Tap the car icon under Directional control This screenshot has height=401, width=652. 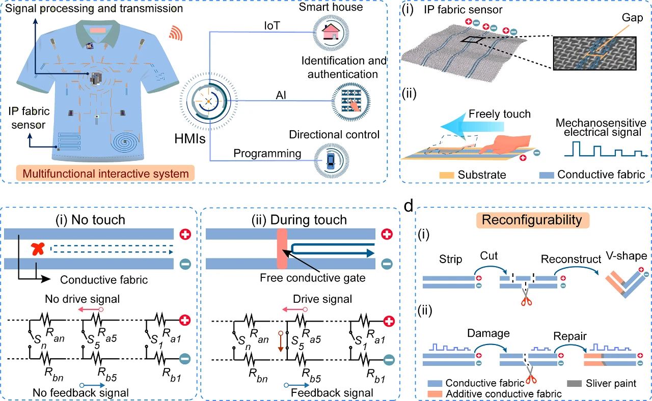330,162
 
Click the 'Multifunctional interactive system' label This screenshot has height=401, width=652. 102,174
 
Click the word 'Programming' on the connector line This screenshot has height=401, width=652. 267,153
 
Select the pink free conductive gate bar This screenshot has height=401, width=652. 282,249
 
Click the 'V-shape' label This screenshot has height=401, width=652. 628,255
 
